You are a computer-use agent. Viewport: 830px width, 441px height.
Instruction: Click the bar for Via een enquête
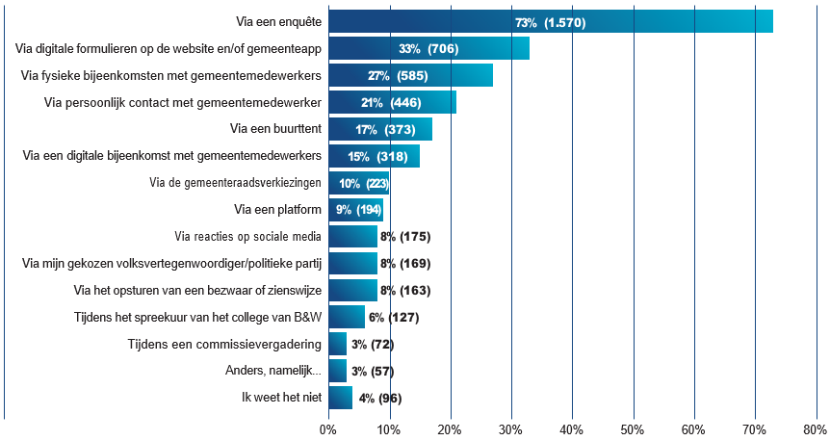coord(550,21)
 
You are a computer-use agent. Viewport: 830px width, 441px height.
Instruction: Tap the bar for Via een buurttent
coord(379,129)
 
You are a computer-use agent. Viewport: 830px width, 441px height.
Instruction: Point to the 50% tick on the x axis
coord(634,428)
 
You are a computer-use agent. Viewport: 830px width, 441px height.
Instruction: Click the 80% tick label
coord(816,428)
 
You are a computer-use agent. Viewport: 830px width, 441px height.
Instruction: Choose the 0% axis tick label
coord(328,428)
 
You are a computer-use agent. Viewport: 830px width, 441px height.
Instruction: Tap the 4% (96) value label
coord(379,399)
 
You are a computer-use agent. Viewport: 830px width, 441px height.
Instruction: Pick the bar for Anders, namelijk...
coord(337,372)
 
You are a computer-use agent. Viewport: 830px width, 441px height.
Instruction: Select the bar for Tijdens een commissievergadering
coord(337,345)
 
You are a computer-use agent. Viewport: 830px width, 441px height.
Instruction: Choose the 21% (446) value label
coord(393,102)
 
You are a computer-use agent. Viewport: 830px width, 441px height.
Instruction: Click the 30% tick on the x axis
coord(511,428)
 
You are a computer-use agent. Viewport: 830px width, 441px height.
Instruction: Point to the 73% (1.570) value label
coord(550,22)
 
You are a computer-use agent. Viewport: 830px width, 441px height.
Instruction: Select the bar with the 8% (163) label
coord(352,291)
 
